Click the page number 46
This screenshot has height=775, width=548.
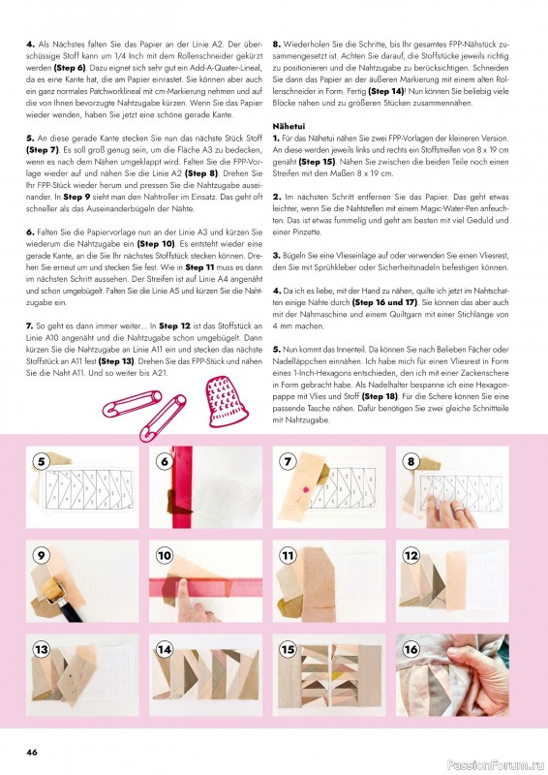[32, 752]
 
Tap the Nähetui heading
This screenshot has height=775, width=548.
[289, 127]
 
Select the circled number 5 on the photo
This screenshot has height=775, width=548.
[41, 462]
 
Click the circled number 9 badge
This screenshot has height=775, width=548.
[41, 555]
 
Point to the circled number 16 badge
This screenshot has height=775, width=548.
[411, 649]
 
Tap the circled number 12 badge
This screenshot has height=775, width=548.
[411, 555]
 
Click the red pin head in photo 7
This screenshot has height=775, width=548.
[305, 489]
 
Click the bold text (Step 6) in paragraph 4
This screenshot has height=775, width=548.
[70, 68]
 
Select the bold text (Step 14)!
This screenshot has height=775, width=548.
[387, 91]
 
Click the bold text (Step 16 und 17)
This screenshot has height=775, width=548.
[384, 302]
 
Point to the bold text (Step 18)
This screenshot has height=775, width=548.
[380, 396]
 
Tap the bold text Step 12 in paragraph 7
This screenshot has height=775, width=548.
[174, 326]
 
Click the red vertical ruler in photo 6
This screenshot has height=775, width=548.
[182, 487]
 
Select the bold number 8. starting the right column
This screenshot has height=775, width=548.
[277, 45]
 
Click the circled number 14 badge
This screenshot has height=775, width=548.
[165, 649]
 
